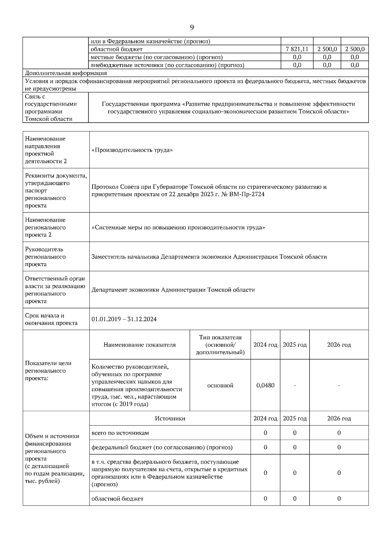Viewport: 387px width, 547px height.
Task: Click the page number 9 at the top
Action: [x=192, y=28]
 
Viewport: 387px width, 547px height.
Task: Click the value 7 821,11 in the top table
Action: [x=297, y=49]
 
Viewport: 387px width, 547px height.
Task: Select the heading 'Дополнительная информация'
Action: [x=66, y=73]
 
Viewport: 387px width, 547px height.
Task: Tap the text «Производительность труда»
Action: [x=132, y=150]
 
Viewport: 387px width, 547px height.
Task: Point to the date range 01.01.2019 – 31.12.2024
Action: [x=124, y=319]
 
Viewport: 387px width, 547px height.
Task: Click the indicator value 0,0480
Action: [x=265, y=385]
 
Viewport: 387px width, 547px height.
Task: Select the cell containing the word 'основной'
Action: [x=220, y=385]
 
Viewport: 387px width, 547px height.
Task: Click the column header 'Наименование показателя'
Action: [x=139, y=345]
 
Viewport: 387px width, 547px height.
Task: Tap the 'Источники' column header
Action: [x=170, y=418]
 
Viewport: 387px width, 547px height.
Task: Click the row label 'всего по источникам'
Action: [x=120, y=433]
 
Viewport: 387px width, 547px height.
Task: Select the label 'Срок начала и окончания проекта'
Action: [x=51, y=319]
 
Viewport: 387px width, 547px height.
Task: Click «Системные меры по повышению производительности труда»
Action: [x=178, y=227]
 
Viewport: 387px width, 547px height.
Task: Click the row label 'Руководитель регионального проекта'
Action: [x=45, y=257]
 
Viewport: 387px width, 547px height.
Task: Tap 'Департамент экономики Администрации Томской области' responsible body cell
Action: [x=173, y=290]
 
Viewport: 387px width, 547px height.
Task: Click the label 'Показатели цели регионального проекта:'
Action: [x=48, y=370]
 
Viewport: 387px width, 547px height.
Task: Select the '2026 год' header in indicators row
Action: [x=339, y=345]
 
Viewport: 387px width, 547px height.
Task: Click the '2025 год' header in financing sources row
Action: [x=294, y=418]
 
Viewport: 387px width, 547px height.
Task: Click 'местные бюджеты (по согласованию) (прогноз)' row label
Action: [x=156, y=57]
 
